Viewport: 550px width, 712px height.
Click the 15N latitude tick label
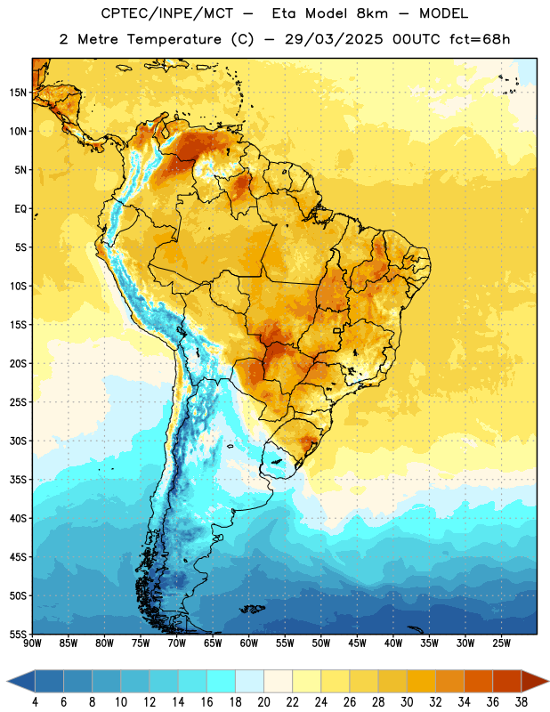[x=18, y=93]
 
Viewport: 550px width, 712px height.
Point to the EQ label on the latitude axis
[x=20, y=209]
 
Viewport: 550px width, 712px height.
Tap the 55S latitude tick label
[x=18, y=635]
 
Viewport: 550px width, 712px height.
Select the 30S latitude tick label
[x=18, y=441]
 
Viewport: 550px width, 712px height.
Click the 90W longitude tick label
[x=32, y=643]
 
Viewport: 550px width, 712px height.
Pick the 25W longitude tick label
[x=501, y=643]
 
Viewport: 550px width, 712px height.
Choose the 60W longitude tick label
[x=249, y=643]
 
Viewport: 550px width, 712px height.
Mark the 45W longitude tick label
[x=358, y=643]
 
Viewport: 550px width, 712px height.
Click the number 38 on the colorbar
[x=522, y=702]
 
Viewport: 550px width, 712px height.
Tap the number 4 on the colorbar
[x=35, y=702]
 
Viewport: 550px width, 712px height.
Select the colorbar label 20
[x=263, y=702]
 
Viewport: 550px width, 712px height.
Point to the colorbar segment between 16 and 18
[x=222, y=681]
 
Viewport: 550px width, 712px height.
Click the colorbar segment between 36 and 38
[x=507, y=681]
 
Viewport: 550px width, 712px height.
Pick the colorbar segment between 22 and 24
[x=306, y=681]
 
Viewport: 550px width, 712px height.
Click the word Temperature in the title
[x=174, y=39]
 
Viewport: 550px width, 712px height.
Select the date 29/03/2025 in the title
[x=334, y=39]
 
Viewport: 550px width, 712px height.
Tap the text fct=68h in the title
[x=480, y=39]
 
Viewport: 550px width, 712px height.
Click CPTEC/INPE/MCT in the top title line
[x=166, y=13]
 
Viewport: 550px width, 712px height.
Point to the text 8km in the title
[x=372, y=13]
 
